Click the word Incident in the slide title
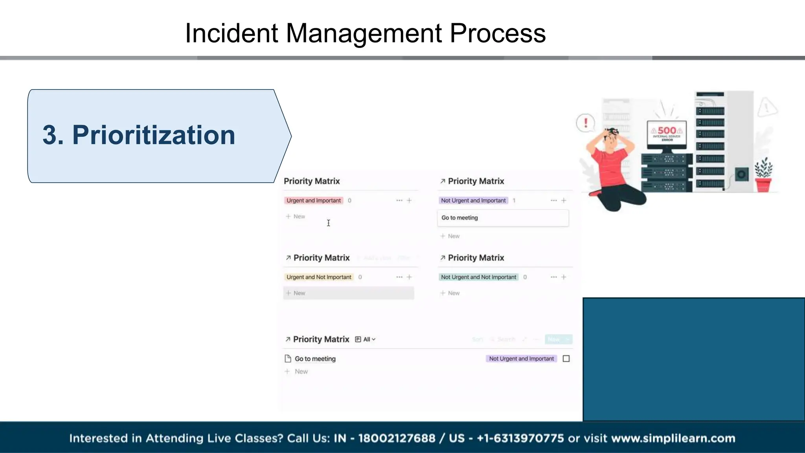pyautogui.click(x=232, y=33)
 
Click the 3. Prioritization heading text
pyautogui.click(x=139, y=135)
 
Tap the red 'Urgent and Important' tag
pyautogui.click(x=313, y=201)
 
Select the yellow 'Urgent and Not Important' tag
pyautogui.click(x=318, y=277)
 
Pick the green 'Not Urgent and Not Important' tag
pyautogui.click(x=478, y=277)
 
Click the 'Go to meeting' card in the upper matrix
pyautogui.click(x=502, y=218)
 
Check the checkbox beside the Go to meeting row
pyautogui.click(x=566, y=359)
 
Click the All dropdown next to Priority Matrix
pyautogui.click(x=369, y=339)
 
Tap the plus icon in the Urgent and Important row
pyautogui.click(x=409, y=201)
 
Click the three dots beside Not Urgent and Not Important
pyautogui.click(x=553, y=277)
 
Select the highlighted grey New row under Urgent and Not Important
pyautogui.click(x=348, y=293)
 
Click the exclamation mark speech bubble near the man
pyautogui.click(x=586, y=123)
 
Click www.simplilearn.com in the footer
pyautogui.click(x=673, y=438)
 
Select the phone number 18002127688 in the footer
pyautogui.click(x=397, y=438)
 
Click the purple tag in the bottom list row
pyautogui.click(x=521, y=359)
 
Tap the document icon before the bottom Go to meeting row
pyautogui.click(x=288, y=359)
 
